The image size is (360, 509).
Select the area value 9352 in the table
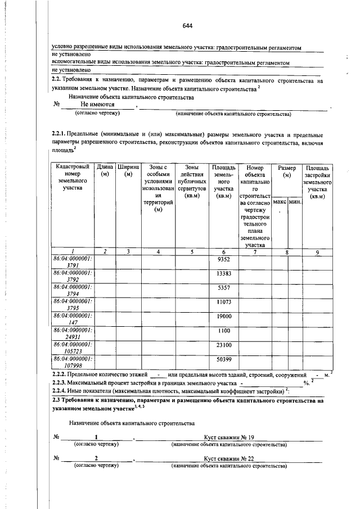[x=224, y=260]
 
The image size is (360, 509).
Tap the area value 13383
[x=224, y=274]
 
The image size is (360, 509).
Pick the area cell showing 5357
[x=224, y=288]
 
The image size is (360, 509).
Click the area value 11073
[x=224, y=302]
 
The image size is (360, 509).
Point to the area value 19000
[x=224, y=317]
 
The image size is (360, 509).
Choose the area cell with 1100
[x=224, y=331]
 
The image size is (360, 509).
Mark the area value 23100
[x=224, y=344]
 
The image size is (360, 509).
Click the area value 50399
[x=224, y=359]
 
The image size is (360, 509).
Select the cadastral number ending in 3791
[x=73, y=262]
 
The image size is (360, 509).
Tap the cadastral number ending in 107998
[x=73, y=361]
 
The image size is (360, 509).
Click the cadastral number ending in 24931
[x=73, y=332]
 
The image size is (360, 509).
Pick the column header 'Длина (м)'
[x=105, y=171]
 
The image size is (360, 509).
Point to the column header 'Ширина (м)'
[x=128, y=171]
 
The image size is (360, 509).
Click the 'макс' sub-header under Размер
[x=280, y=201]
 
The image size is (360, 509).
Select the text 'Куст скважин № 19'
[x=229, y=437]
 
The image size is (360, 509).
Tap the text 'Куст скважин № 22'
[x=229, y=458]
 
